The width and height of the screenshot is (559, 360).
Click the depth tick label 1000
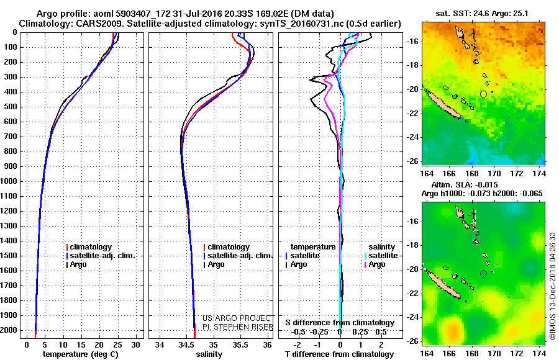pos(9,181)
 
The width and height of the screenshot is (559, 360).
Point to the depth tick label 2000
pos(9,330)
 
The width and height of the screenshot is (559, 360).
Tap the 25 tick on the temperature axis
pos(117,345)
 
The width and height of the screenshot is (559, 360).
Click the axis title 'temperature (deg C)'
pos(81,354)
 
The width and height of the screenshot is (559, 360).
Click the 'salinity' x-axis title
pos(209,354)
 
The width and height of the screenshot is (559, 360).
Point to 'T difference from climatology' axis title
pos(339,354)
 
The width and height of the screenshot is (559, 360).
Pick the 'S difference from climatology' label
pos(340,323)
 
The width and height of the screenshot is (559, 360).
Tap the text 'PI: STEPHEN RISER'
pos(238,327)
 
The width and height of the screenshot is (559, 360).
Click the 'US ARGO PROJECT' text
pos(237,318)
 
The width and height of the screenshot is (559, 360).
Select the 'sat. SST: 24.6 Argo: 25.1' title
pos(482,14)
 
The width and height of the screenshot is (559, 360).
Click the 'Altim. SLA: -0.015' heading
pos(465,184)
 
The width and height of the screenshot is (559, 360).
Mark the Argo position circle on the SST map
pos(483,94)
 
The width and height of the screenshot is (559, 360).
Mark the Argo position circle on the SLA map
pos(483,274)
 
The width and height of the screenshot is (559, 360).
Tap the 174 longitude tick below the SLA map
pos(539,354)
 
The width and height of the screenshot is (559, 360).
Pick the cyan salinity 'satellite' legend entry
pos(381,256)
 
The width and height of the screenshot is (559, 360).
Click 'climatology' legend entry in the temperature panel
pos(89,247)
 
